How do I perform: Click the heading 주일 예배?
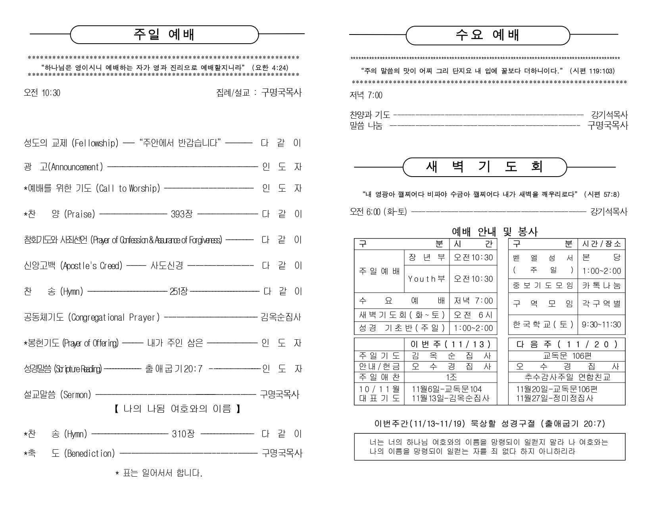(164, 35)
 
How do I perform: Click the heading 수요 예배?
(488, 35)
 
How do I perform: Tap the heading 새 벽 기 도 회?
(484, 167)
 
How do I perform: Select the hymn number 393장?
(182, 214)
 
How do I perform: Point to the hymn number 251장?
(179, 292)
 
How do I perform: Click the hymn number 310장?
(183, 434)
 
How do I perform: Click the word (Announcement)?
(76, 167)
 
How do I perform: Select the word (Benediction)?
(89, 453)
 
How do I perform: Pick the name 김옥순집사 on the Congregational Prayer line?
(281, 317)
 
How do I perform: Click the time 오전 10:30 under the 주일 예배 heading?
(42, 93)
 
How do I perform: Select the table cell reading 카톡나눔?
(601, 286)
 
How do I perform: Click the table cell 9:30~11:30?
(601, 325)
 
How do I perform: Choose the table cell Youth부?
(426, 279)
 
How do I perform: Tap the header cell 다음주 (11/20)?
(567, 344)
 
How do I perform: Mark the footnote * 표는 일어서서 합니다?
(159, 473)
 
